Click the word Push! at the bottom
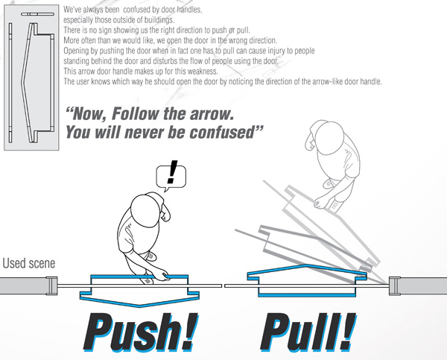[140, 332]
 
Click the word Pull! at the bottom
[308, 332]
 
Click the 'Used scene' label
[29, 263]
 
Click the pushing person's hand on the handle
[162, 276]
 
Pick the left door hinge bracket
[51, 285]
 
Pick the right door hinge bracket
[395, 285]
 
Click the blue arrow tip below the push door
[139, 306]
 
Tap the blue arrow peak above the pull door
[306, 265]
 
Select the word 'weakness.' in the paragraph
[202, 71]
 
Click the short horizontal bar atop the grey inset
[38, 14]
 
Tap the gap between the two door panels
[223, 285]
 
